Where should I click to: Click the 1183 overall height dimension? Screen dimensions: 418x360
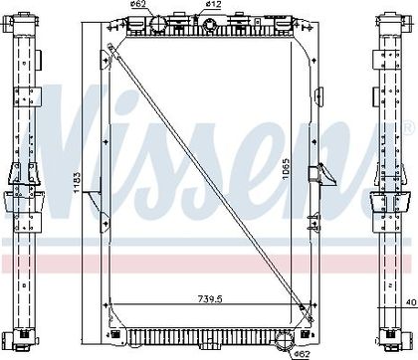coord(77,183)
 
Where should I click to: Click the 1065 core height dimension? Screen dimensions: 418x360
coord(286,169)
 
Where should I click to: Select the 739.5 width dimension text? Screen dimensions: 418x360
coord(210,299)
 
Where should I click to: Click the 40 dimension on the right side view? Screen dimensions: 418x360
coord(411,302)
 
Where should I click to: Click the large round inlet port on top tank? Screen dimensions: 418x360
coord(158,24)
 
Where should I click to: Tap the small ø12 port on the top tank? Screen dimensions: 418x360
coord(210,24)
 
